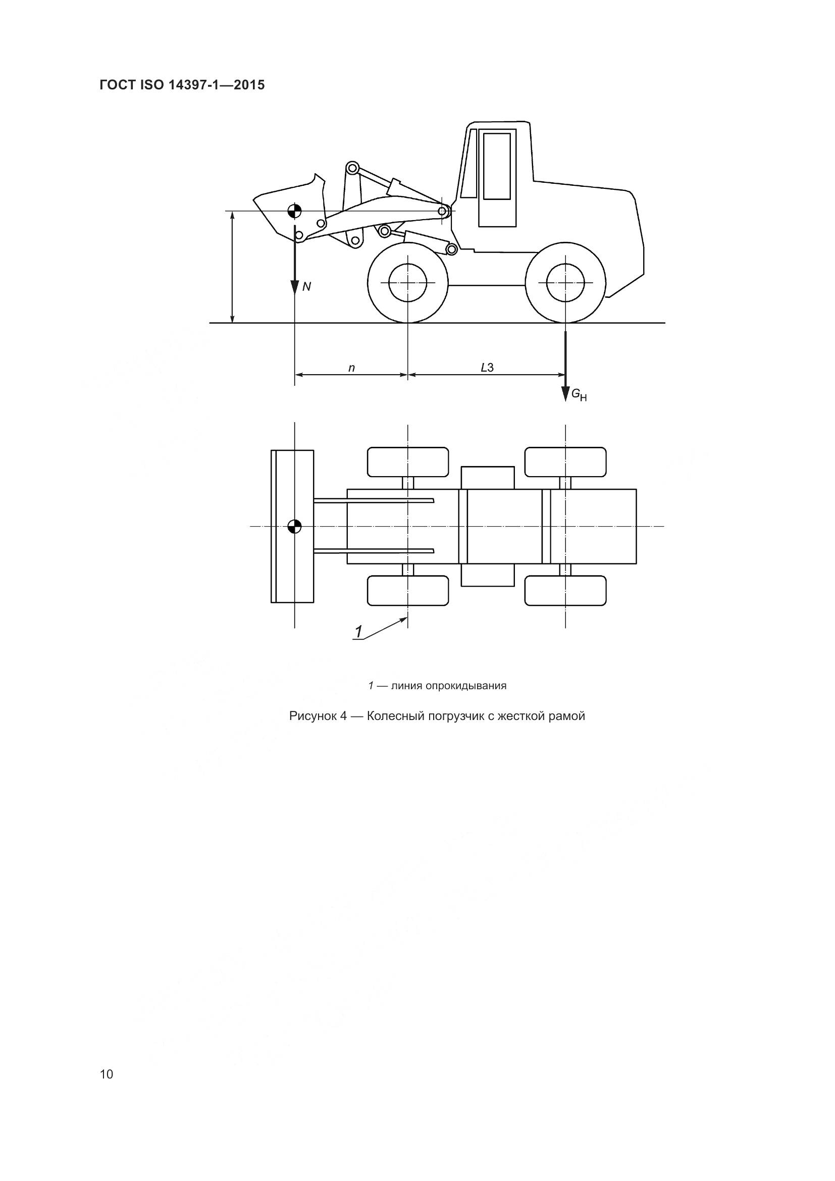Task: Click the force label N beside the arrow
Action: click(307, 287)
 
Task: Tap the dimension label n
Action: click(352, 368)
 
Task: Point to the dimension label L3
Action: click(487, 368)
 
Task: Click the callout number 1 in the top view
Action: click(358, 632)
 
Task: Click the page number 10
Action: click(107, 1074)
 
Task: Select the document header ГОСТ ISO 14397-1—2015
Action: click(182, 85)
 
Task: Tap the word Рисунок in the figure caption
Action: click(312, 716)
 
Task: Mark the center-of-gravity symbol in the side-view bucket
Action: click(295, 211)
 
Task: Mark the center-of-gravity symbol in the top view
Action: click(295, 526)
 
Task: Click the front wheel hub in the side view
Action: click(408, 283)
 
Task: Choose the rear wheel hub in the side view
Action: click(565, 283)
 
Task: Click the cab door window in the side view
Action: click(497, 166)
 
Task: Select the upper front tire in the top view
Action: click(408, 462)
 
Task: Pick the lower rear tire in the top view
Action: click(565, 591)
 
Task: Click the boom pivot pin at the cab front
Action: click(442, 211)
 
